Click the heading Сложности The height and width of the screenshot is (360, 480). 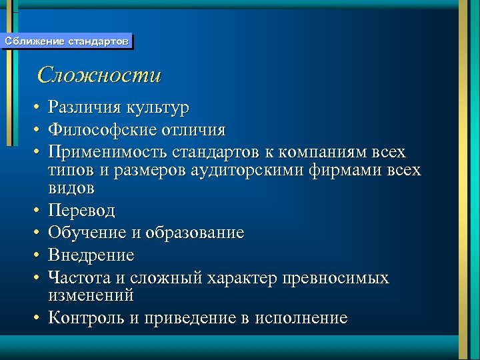pyautogui.click(x=99, y=75)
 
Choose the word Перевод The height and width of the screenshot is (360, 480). pyautogui.click(x=81, y=211)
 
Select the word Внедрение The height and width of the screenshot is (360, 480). pyautogui.click(x=91, y=255)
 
